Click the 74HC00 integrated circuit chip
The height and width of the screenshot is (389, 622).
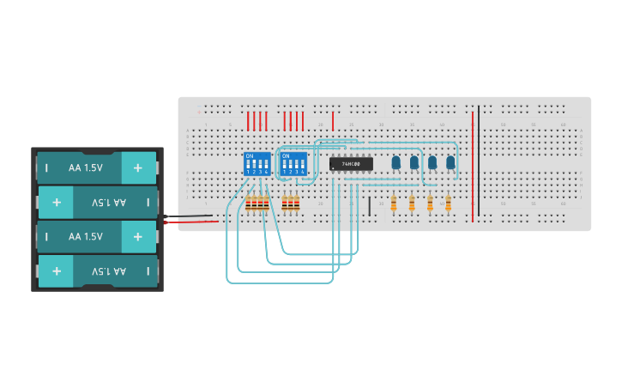coord(351,163)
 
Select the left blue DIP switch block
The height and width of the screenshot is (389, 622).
coord(257,163)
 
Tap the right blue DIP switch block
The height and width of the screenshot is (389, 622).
coord(293,163)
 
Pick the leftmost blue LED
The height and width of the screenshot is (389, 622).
coord(396,161)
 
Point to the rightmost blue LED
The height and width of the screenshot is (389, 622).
coord(450,161)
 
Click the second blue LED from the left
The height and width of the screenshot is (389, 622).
coord(414,161)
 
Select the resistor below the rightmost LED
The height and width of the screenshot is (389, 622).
coord(448,204)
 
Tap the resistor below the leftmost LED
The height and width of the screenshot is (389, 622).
coord(394,204)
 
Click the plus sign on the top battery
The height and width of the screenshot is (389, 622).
coord(138,168)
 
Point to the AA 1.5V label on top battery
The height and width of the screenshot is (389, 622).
coord(86,168)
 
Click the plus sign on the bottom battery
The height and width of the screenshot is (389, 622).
coord(57,270)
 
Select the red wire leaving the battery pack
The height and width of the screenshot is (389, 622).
coord(189,222)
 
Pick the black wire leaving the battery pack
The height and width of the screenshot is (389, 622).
coord(189,216)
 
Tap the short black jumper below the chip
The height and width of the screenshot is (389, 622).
coord(370,206)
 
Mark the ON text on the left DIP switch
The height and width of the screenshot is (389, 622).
coord(250,156)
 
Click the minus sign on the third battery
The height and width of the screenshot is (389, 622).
coord(47,236)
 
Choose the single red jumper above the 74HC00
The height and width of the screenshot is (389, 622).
coord(333,120)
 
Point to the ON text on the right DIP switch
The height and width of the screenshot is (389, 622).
coord(286,156)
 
